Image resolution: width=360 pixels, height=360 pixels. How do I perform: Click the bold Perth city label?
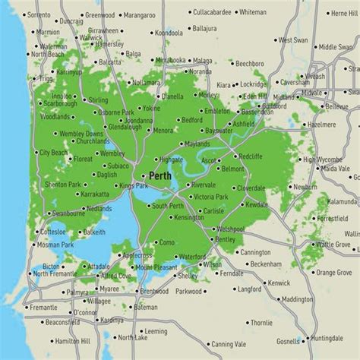[x=160, y=175]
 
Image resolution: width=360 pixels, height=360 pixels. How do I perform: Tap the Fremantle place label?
[x=42, y=308]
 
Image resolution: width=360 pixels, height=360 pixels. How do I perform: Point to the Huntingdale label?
[x=327, y=338]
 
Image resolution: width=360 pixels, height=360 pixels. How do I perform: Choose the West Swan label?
[x=294, y=39]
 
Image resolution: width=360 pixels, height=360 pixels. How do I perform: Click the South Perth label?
[x=169, y=206]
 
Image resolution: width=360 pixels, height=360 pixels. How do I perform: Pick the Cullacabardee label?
[x=203, y=13]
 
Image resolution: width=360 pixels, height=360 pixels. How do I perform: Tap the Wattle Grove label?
[x=333, y=245]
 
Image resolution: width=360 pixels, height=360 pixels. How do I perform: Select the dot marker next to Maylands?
[x=180, y=143]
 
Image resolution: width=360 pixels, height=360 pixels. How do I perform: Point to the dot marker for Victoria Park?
[x=190, y=197]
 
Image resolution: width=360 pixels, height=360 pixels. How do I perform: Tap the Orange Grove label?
[x=333, y=272]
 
